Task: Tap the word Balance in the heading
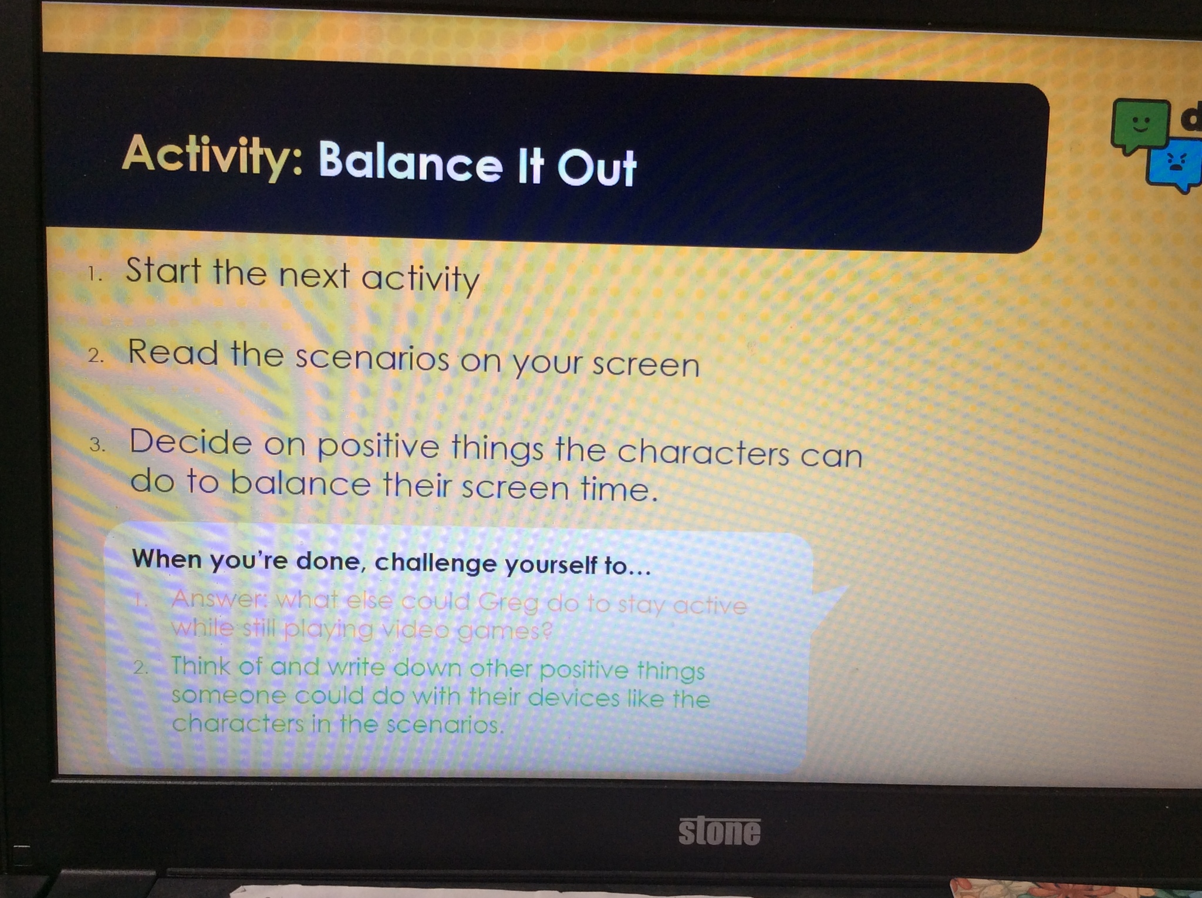pos(411,161)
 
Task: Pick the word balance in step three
pos(300,484)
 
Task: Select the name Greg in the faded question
pos(508,602)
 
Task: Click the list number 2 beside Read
pos(95,355)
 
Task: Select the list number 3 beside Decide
pos(97,444)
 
